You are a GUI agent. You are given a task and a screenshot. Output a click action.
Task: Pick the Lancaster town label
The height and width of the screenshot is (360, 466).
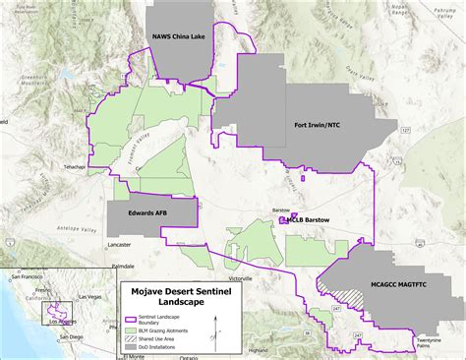119,243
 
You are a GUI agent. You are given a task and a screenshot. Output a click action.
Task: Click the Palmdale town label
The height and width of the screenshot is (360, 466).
122,266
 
